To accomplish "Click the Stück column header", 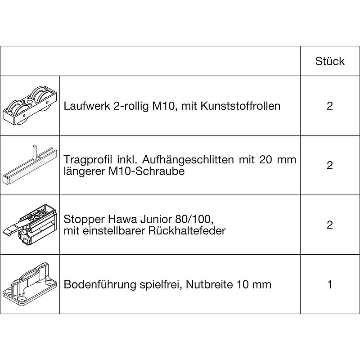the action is click(330, 61).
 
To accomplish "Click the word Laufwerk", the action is click(87, 106).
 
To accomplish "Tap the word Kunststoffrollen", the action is click(240, 106).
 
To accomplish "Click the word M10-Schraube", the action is click(146, 171).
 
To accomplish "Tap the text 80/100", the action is click(194, 220).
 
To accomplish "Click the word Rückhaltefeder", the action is click(187, 231).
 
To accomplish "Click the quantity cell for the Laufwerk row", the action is click(330, 106).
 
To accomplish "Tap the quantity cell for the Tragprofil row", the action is click(330, 165).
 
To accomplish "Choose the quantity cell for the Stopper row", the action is click(330, 225).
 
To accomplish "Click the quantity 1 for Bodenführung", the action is click(330, 284).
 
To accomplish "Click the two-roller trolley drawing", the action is click(30, 106).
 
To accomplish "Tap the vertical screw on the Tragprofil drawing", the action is click(35, 152).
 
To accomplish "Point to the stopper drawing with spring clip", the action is click(30, 225).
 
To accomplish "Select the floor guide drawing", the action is click(30, 283).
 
